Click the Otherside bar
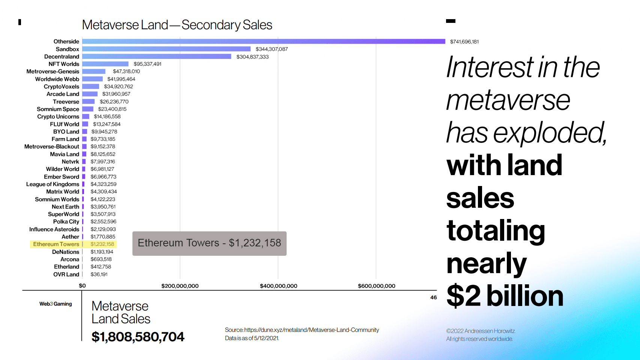(263, 41)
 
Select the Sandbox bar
(166, 49)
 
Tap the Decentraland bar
(156, 56)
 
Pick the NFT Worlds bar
(105, 64)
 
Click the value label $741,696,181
(464, 42)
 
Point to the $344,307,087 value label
(272, 49)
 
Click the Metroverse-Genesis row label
(53, 71)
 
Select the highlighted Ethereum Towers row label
(56, 244)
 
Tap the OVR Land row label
(66, 274)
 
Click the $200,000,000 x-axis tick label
(180, 286)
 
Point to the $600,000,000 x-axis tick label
(376, 286)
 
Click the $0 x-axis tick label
(82, 286)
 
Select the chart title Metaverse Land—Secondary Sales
(177, 25)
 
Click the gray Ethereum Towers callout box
(209, 243)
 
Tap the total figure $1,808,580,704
(138, 337)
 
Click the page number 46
(433, 297)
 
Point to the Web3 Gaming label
(56, 304)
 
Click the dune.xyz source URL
(311, 330)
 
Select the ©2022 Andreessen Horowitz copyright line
(481, 331)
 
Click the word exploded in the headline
(549, 133)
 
